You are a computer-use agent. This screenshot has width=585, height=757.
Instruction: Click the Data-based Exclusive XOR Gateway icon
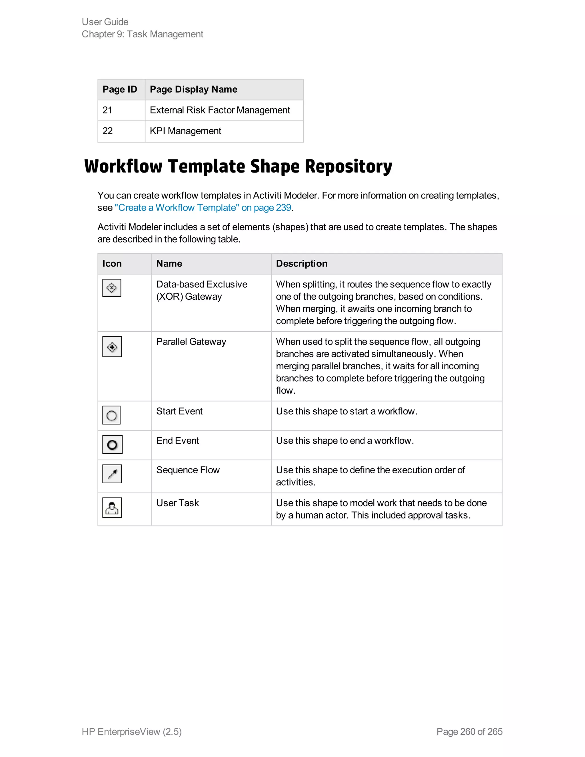click(112, 288)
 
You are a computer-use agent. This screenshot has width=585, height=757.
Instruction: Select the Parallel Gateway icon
click(112, 347)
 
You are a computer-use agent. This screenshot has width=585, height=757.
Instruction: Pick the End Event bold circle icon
click(112, 444)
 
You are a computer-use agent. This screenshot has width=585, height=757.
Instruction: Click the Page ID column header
click(120, 89)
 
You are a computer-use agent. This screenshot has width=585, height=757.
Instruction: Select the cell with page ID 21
click(107, 110)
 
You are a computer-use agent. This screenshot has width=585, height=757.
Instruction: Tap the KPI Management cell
click(185, 131)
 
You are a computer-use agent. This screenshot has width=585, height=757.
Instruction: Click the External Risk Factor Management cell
click(220, 110)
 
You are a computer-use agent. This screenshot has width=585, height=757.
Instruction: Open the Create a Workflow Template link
click(203, 208)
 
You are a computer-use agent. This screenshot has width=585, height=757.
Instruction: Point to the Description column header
click(302, 263)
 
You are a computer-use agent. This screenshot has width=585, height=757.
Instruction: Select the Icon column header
click(112, 263)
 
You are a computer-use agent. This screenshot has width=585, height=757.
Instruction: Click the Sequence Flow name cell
click(188, 470)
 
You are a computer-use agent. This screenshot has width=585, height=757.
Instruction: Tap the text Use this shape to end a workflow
click(345, 440)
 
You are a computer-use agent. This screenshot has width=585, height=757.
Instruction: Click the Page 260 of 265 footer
click(469, 731)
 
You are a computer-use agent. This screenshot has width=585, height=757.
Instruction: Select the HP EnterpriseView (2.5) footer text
click(132, 731)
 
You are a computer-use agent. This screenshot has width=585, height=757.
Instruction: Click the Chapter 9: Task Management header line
click(143, 34)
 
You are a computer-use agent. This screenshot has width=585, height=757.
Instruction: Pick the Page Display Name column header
click(193, 89)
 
